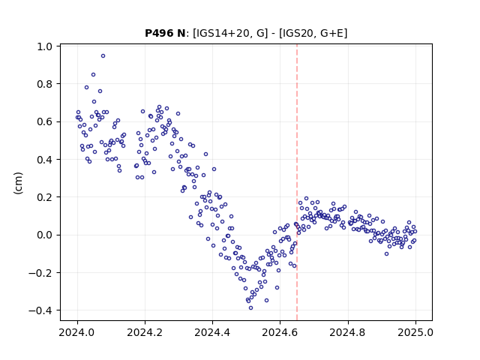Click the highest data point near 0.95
103,56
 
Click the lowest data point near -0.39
250,308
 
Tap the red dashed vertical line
297,182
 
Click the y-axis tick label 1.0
45,46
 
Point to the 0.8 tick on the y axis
45,84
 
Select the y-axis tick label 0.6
45,121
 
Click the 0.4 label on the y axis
45,160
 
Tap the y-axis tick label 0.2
45,197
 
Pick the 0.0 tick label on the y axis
45,235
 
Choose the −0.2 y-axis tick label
40,273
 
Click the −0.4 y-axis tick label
40,310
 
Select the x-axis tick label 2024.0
77,332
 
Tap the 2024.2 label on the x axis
145,332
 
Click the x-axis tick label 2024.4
212,332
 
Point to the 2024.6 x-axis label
280,332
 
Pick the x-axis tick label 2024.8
348,332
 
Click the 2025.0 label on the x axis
415,332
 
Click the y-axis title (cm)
18,183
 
